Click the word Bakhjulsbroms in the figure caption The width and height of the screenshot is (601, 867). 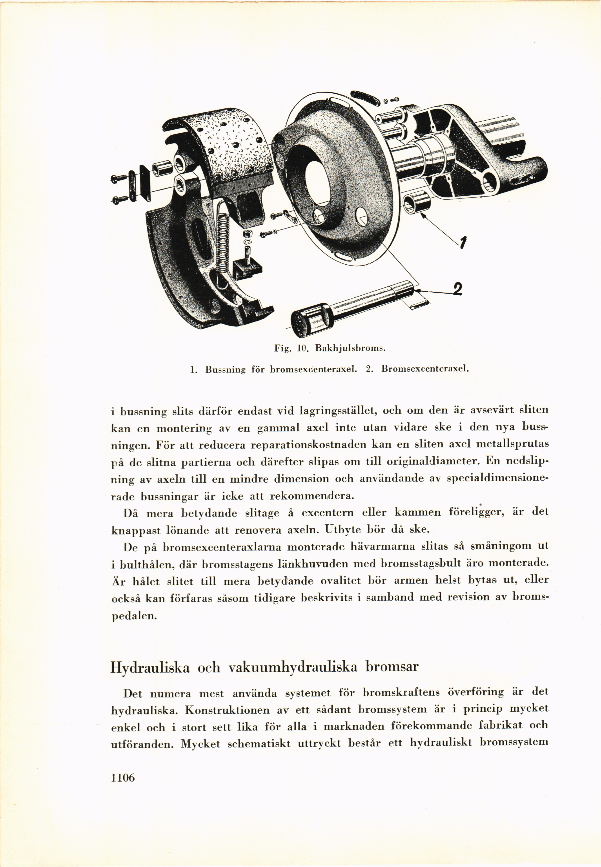(x=350, y=348)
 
